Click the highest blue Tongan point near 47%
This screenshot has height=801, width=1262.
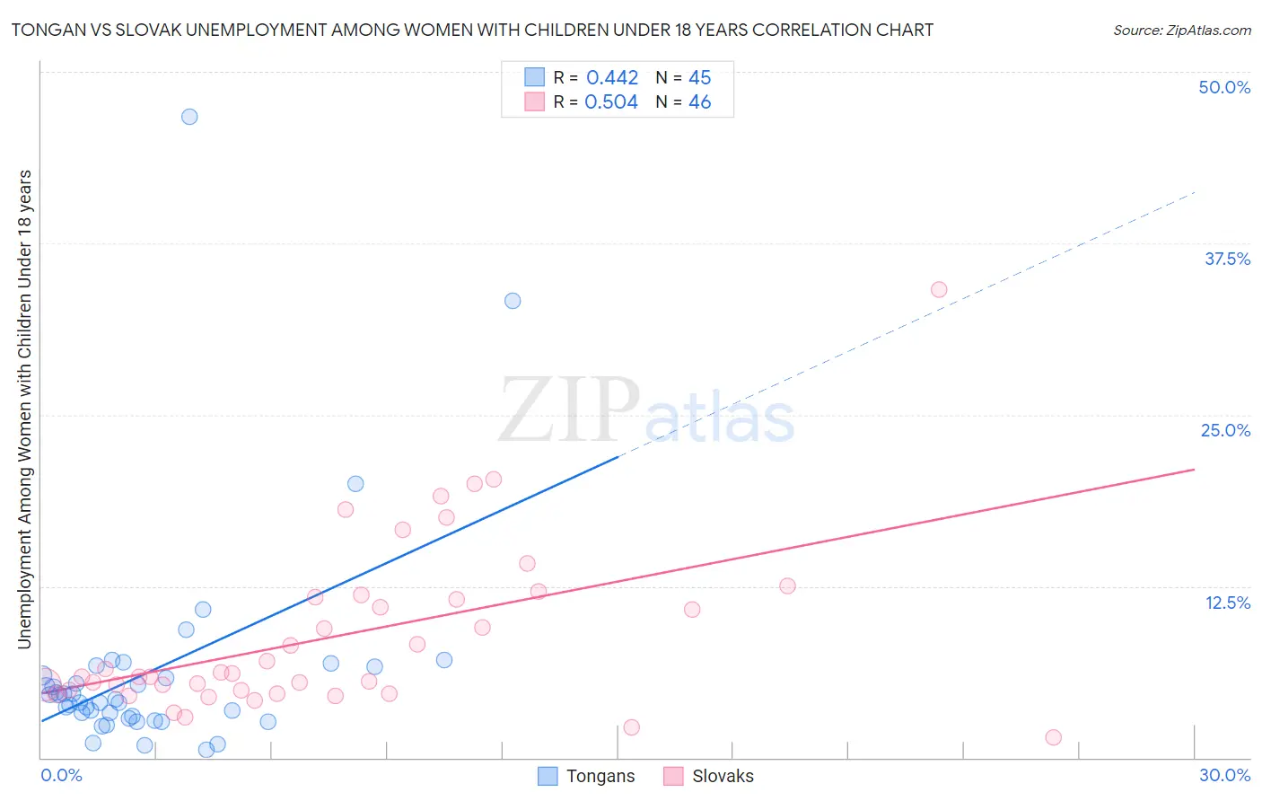tap(189, 117)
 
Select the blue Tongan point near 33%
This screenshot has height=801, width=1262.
tap(513, 301)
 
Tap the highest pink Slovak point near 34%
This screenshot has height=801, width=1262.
tap(939, 289)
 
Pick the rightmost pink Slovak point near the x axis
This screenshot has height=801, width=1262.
tap(1054, 737)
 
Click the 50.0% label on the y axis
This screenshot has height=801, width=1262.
tap(1224, 87)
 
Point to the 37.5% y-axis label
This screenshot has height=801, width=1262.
tap(1227, 259)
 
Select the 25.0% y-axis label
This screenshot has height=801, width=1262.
tap(1225, 430)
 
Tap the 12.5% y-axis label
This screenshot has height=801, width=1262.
tap(1227, 603)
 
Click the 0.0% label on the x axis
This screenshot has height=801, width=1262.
tap(62, 775)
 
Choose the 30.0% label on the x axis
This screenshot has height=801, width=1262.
tap(1224, 775)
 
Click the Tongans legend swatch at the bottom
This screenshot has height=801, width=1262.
tap(548, 776)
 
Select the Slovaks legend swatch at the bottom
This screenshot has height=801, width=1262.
tap(673, 776)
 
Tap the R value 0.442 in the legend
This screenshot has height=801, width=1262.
tap(612, 78)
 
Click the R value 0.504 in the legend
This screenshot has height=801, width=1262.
tap(611, 102)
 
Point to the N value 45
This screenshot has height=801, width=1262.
tap(700, 78)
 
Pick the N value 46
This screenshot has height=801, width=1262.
tap(700, 102)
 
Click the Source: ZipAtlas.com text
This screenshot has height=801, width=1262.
tap(1181, 31)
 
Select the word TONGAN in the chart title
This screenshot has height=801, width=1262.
tap(44, 31)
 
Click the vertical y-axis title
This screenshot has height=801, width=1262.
tap(25, 409)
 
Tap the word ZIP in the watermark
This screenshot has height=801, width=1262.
tap(569, 411)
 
